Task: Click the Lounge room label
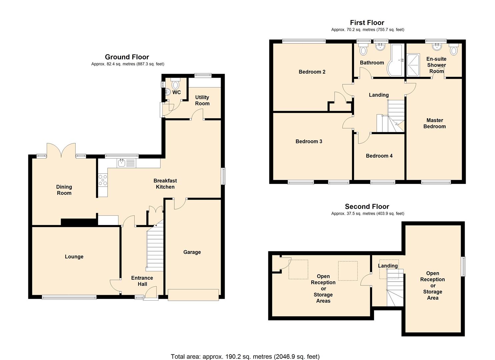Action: tap(74, 257)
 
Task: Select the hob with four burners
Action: tap(103, 180)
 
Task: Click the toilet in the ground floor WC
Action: tap(175, 84)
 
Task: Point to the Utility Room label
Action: tap(202, 100)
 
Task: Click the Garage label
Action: tap(192, 252)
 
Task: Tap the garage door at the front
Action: tap(193, 295)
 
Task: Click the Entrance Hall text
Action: tap(142, 281)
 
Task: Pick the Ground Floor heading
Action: tap(127, 57)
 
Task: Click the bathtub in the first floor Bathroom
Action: tap(395, 60)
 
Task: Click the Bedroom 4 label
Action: tap(379, 156)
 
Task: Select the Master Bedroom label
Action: tap(434, 123)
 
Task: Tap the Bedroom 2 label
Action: tap(312, 72)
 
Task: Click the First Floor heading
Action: tap(367, 23)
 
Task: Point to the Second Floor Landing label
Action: tap(388, 266)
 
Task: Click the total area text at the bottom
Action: tap(245, 357)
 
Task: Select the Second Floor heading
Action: tap(367, 207)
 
